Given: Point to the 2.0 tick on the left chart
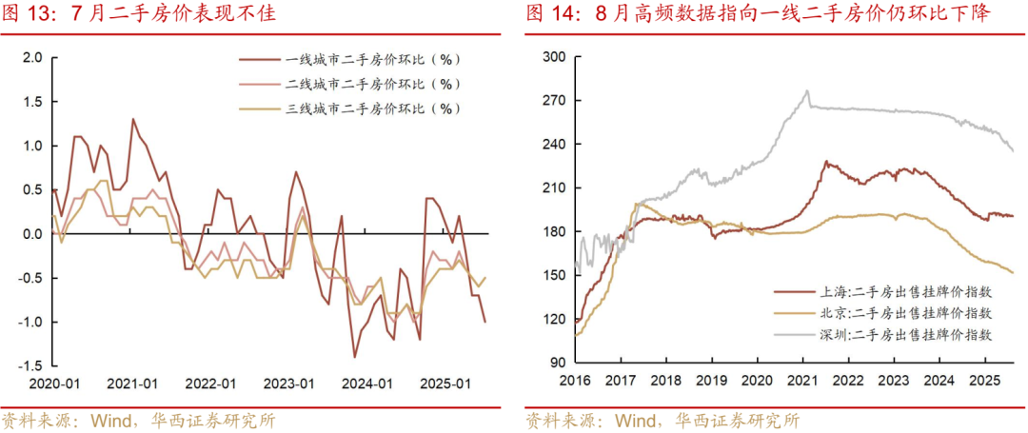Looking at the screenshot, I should tap(32, 58).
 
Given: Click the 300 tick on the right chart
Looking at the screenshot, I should tap(554, 58).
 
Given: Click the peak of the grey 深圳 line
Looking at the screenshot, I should tap(807, 91).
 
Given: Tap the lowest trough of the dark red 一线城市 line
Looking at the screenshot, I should tap(354, 357).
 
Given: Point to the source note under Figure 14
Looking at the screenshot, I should tap(662, 420).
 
